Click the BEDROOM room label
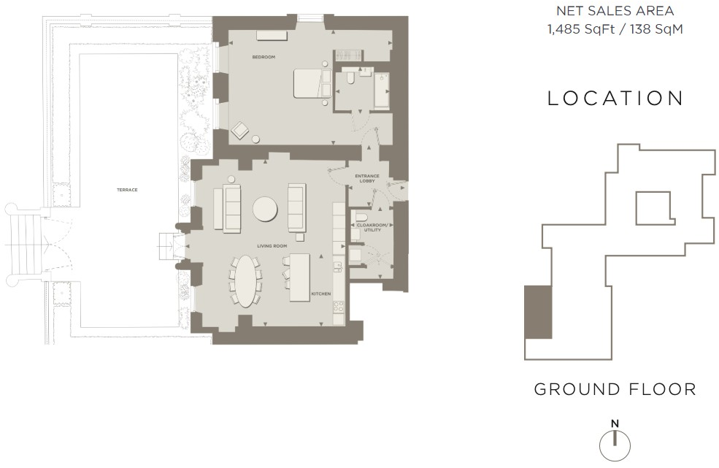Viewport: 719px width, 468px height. (x=264, y=57)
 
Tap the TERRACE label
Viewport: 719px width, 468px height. (x=127, y=190)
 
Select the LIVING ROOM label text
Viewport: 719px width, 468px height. (x=272, y=247)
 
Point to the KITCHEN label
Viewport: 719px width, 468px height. (x=321, y=294)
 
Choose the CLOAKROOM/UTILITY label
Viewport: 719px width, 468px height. (x=373, y=227)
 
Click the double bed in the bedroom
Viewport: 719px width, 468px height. (x=310, y=83)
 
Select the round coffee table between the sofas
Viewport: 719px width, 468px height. (x=265, y=210)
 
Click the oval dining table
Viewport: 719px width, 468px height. (x=247, y=280)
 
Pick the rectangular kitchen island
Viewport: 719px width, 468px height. (x=300, y=277)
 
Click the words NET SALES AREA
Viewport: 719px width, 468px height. (x=615, y=11)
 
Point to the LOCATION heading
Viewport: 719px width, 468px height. (x=615, y=99)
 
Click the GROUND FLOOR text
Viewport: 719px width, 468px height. (x=615, y=389)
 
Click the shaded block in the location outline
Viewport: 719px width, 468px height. (x=538, y=312)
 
